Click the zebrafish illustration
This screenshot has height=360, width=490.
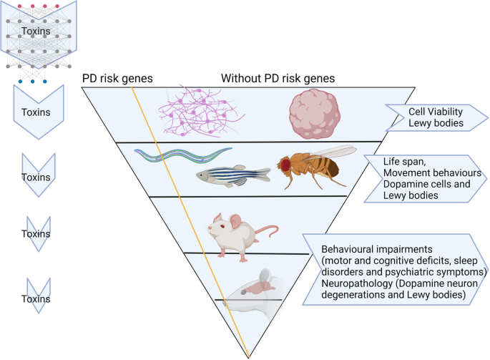coord(233,176)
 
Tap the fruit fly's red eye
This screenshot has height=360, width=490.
coord(285,165)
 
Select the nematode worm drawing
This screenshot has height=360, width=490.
coord(183,155)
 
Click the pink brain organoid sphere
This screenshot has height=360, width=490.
coord(315,114)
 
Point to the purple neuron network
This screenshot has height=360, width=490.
coord(202,112)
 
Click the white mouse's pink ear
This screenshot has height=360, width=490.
coord(235,221)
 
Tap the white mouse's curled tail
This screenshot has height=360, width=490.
coord(268,231)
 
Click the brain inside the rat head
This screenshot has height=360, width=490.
coord(260,287)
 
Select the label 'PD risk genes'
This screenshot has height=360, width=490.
coord(117,78)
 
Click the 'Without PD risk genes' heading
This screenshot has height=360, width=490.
coord(278,78)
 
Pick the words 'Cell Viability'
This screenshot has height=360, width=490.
coord(436,112)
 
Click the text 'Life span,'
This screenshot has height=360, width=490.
coord(404,162)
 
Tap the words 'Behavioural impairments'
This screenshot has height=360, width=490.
coord(377,249)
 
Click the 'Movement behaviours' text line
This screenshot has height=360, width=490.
coord(432,173)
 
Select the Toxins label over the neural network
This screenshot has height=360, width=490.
coord(36,31)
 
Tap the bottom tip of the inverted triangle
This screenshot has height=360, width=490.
coord(249,358)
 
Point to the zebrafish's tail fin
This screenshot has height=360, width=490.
coord(265,175)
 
